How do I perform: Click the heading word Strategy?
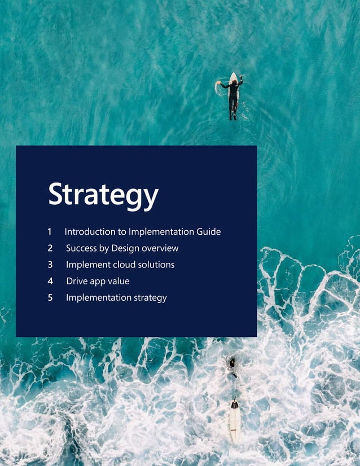[x=103, y=195]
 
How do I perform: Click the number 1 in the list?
[x=50, y=232]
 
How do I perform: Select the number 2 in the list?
[x=50, y=248]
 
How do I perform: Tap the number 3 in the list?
[x=50, y=265]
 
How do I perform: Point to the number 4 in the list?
[x=50, y=281]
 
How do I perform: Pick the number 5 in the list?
[x=50, y=297]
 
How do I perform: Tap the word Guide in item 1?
[x=208, y=232]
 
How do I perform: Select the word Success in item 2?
[x=82, y=248]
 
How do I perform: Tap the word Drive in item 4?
[x=77, y=281]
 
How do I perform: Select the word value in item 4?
[x=118, y=281]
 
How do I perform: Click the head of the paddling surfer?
[x=233, y=83]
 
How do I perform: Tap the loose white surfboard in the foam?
[x=234, y=421]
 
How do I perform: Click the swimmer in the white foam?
[x=232, y=367]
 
